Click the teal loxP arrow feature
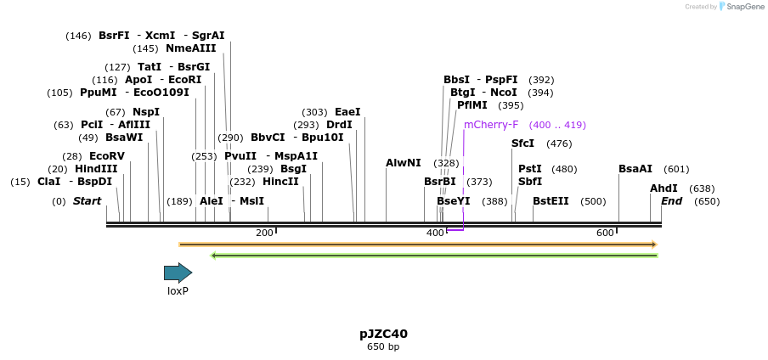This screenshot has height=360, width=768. coord(178,273)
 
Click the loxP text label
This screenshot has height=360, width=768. coord(178,291)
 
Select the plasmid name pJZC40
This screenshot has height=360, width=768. coord(383,334)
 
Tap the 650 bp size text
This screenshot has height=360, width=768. coord(383,347)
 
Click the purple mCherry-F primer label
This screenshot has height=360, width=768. coord(490,125)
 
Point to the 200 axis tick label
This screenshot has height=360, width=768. coord(264,233)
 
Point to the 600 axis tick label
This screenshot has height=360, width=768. coord(605,233)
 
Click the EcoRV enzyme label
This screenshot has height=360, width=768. coord(107,156)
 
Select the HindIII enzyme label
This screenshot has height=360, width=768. coord(96,169)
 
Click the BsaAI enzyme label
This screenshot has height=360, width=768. coord(635,169)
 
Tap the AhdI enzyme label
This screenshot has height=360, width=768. coord(664,188)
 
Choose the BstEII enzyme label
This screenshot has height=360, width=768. coord(551,201)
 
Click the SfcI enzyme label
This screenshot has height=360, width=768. coord(522,143)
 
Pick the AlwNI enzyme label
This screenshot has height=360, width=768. coord(403,163)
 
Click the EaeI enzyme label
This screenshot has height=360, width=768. coord(347,112)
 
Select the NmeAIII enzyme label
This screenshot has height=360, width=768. coord(190,48)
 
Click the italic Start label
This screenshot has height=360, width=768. coord(87,201)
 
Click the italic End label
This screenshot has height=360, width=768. coord(671,201)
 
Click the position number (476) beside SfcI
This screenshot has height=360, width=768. coord(559,143)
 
